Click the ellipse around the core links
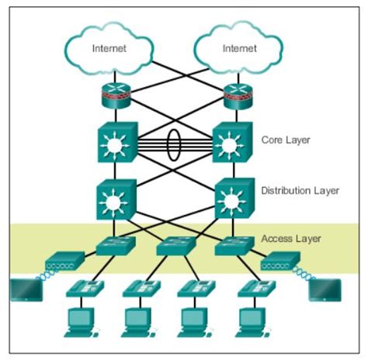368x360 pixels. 175,145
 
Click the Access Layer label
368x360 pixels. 292,239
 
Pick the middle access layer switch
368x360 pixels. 175,247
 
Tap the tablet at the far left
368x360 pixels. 25,289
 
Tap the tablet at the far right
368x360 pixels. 323,289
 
